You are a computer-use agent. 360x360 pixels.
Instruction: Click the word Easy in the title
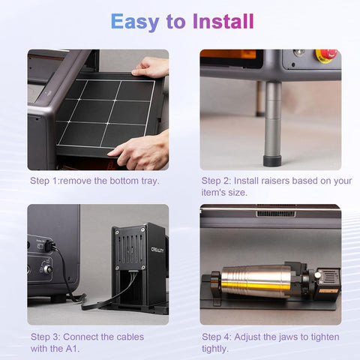click(x=135, y=22)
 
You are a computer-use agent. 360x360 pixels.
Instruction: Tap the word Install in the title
click(x=223, y=21)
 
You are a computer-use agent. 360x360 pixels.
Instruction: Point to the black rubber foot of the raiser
click(x=272, y=160)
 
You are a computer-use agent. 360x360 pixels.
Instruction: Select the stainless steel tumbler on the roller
click(x=256, y=281)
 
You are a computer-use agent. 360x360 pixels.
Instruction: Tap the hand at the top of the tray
click(x=151, y=67)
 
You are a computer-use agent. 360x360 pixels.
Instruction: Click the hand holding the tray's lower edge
click(x=140, y=149)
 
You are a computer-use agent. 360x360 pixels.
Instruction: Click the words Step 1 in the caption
click(x=43, y=181)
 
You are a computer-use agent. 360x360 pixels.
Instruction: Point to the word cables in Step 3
click(x=130, y=337)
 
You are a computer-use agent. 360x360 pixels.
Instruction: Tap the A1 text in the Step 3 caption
click(x=71, y=348)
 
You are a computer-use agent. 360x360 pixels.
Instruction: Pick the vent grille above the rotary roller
click(x=276, y=214)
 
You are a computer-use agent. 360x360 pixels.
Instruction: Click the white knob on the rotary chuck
click(x=317, y=275)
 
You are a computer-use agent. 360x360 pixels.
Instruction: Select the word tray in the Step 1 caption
click(x=150, y=181)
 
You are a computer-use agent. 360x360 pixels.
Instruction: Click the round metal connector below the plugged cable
click(x=47, y=269)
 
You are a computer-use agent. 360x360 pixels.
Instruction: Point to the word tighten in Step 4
click(x=325, y=337)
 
